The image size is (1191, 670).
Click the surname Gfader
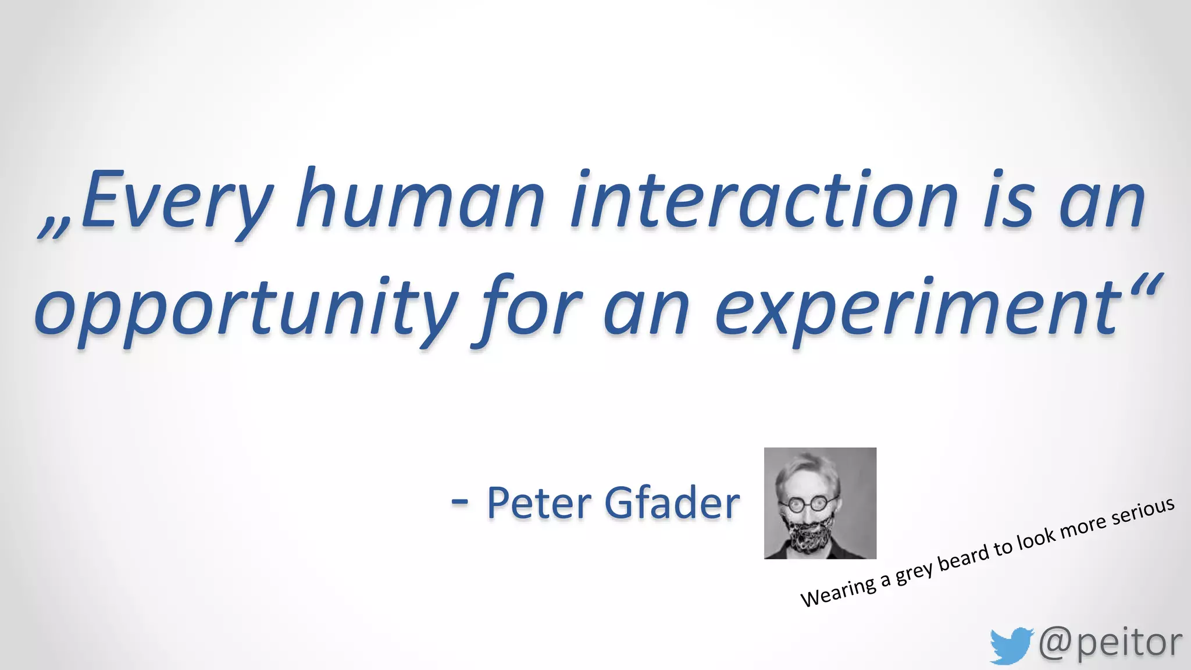[x=672, y=503]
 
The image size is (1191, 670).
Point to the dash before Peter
[x=459, y=502]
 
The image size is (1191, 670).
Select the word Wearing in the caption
[x=838, y=592]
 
